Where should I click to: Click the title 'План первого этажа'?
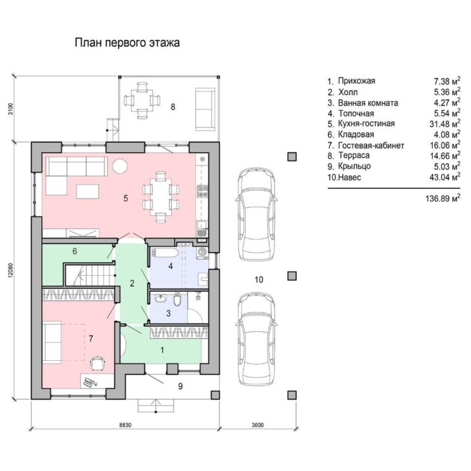pyautogui.click(x=127, y=43)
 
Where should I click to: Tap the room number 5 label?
pyautogui.click(x=126, y=198)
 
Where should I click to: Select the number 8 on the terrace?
pyautogui.click(x=173, y=107)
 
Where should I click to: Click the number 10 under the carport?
pyautogui.click(x=258, y=280)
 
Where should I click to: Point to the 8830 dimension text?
pyautogui.click(x=126, y=425)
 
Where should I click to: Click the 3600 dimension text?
pyautogui.click(x=257, y=425)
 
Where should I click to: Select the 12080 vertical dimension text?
pyautogui.click(x=11, y=272)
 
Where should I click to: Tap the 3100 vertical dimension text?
pyautogui.click(x=11, y=108)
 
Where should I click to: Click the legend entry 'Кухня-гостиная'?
pyautogui.click(x=366, y=123)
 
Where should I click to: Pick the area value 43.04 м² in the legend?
pyautogui.click(x=444, y=177)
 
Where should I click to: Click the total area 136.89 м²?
pyautogui.click(x=442, y=198)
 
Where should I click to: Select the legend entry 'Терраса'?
pyautogui.click(x=354, y=156)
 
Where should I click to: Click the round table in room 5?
pyautogui.click(x=120, y=165)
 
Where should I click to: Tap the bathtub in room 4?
pyautogui.click(x=165, y=253)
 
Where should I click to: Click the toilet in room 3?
pyautogui.click(x=177, y=299)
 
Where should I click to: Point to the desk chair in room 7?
pyautogui.click(x=98, y=363)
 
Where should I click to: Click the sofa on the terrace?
pyautogui.click(x=206, y=109)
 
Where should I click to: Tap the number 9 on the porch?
pyautogui.click(x=180, y=386)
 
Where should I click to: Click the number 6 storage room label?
pyautogui.click(x=75, y=251)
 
